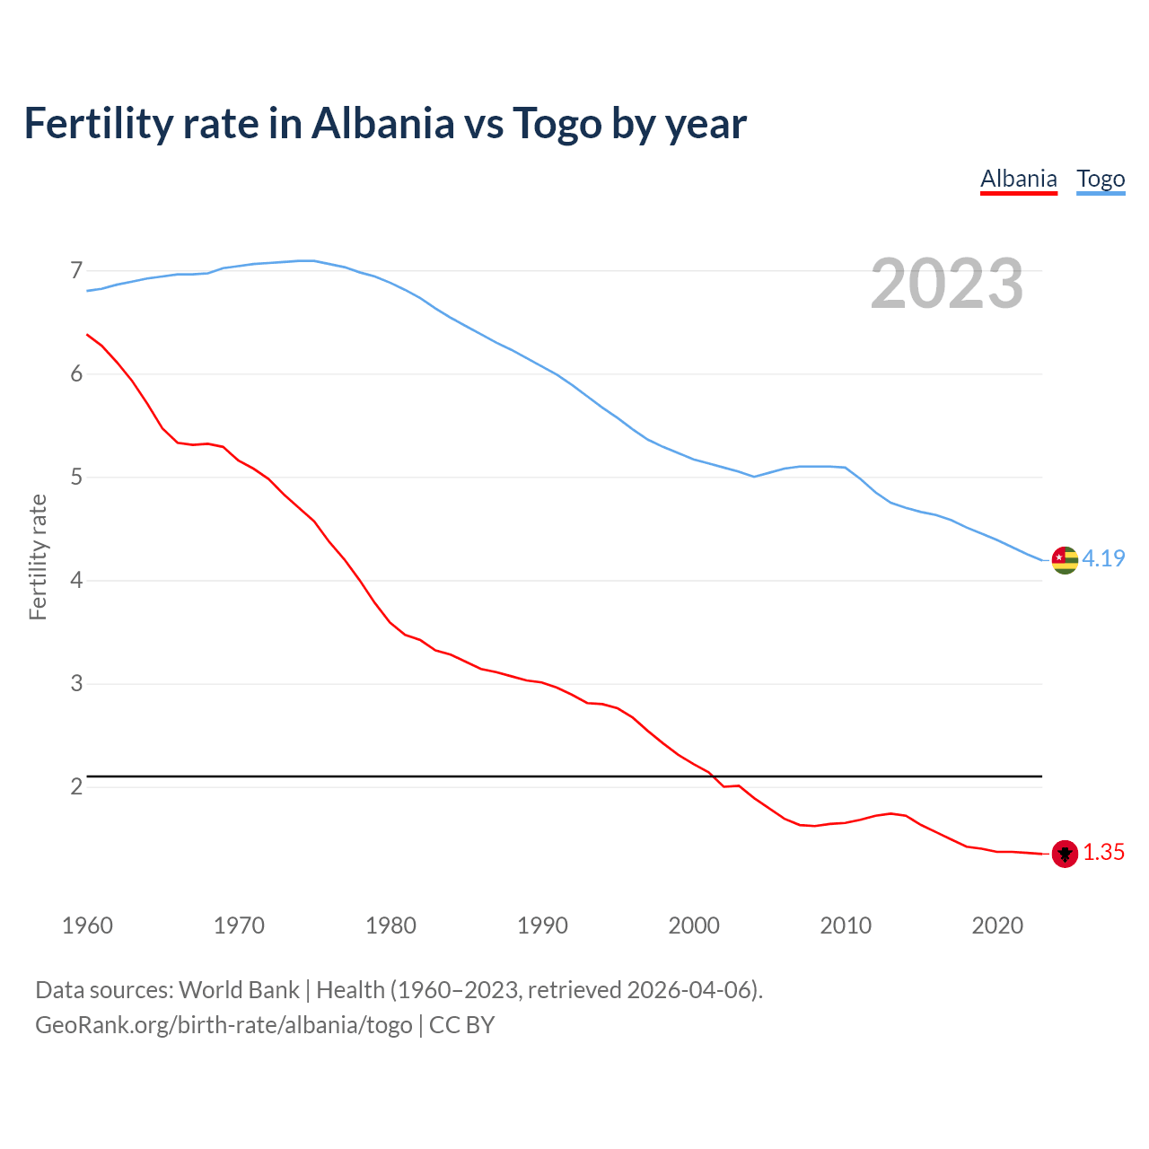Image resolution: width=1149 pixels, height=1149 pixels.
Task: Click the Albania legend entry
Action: coord(1018,179)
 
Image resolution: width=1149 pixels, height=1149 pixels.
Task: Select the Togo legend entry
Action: coord(1101,179)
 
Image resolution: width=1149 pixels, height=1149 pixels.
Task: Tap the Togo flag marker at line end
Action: coord(1065,559)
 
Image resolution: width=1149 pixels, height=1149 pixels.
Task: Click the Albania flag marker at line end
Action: coord(1065,854)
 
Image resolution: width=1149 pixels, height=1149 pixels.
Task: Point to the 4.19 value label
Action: coord(1103,558)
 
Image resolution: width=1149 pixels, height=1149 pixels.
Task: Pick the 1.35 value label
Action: coord(1103,853)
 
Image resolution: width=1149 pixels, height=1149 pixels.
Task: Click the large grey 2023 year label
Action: coord(947,284)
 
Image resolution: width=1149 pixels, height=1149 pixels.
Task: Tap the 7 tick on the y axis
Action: coord(76,270)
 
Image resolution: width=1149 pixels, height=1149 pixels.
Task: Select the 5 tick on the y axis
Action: coord(76,477)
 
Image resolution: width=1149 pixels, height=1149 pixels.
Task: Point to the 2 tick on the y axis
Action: coord(76,787)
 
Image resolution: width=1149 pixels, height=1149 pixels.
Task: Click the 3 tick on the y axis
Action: coord(76,684)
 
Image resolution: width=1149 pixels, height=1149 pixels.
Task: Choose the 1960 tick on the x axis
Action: coord(87,925)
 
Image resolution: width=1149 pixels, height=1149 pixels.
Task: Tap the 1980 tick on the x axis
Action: coord(390,925)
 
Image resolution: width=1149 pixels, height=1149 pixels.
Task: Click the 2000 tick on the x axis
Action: coord(694,925)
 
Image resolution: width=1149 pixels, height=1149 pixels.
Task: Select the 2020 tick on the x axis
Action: coord(997,925)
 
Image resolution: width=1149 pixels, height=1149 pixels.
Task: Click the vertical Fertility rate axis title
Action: coord(38,557)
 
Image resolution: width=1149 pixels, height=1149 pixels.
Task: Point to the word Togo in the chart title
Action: coord(557,124)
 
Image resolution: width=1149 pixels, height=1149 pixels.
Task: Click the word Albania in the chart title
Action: coord(383,124)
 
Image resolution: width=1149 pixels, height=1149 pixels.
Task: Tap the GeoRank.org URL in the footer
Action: coord(224,1025)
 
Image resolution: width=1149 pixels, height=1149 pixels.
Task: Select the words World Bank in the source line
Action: coord(239,990)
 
